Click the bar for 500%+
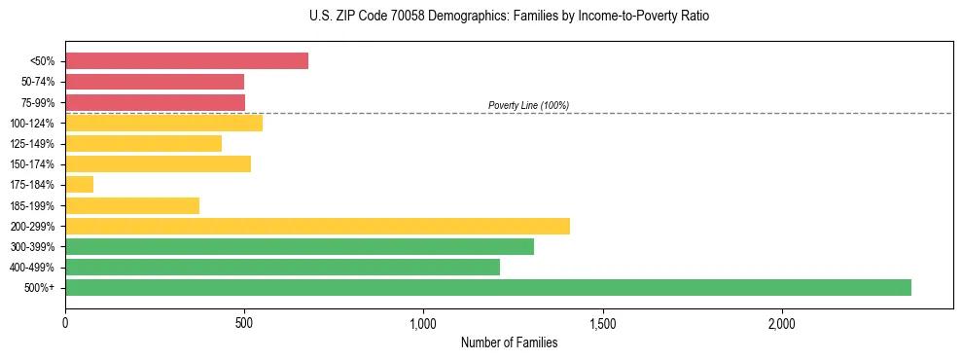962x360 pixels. pyautogui.click(x=487, y=287)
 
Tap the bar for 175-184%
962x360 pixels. pyautogui.click(x=79, y=184)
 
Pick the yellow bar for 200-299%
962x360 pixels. pyautogui.click(x=317, y=226)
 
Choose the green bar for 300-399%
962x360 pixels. pyautogui.click(x=299, y=246)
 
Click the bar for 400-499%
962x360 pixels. pyautogui.click(x=282, y=267)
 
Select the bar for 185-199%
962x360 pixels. pyautogui.click(x=132, y=205)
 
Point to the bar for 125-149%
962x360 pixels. pyautogui.click(x=143, y=143)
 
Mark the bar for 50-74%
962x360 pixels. pyautogui.click(x=155, y=81)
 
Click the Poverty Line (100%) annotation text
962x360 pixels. pyautogui.click(x=528, y=105)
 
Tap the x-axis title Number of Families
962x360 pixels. pyautogui.click(x=509, y=342)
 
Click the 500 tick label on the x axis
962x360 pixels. pyautogui.click(x=244, y=322)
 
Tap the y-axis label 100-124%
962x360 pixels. pyautogui.click(x=33, y=123)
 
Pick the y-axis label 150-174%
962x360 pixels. pyautogui.click(x=33, y=164)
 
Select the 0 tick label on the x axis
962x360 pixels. pyautogui.click(x=65, y=322)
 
